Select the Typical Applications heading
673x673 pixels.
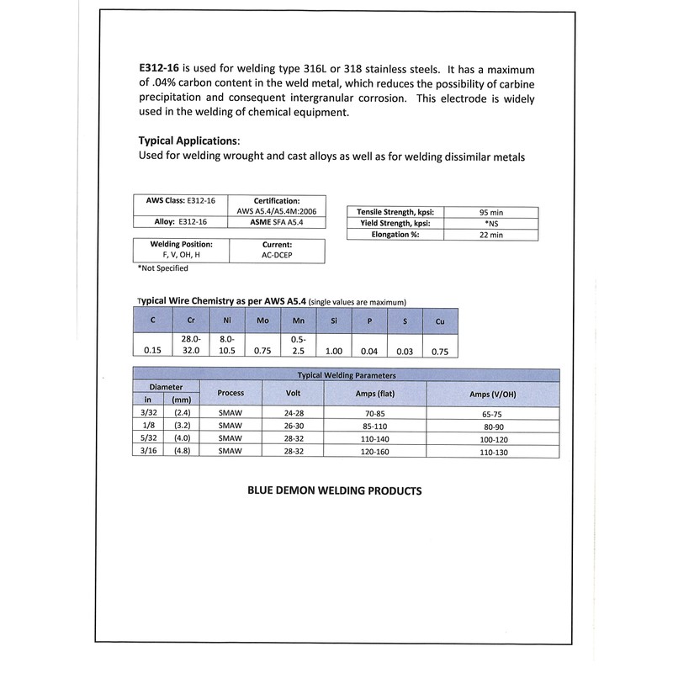coord(188,140)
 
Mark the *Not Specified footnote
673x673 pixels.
coord(163,268)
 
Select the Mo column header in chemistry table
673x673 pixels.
coord(261,321)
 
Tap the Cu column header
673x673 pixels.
coord(439,321)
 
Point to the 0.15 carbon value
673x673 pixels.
coord(151,352)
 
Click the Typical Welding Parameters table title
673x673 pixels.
coord(347,375)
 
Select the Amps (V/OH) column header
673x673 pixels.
coord(491,394)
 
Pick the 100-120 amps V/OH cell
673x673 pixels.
coord(491,438)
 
